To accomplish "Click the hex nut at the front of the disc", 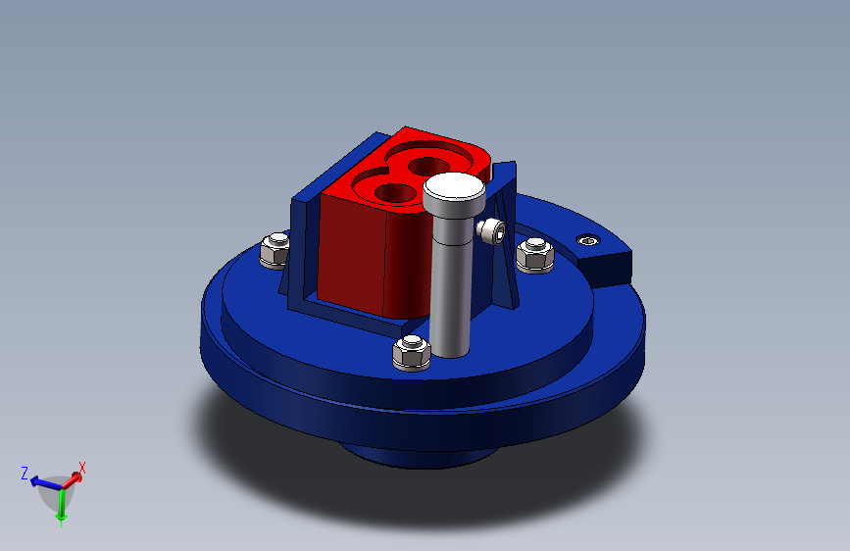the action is (x=412, y=353).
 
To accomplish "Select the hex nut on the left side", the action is (x=275, y=251).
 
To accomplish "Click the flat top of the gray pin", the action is (x=454, y=187).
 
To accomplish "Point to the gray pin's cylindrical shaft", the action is (x=450, y=287).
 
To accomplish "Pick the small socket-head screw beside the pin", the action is (x=491, y=231).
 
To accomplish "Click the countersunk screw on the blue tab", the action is (x=588, y=239).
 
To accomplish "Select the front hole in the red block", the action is (x=395, y=192).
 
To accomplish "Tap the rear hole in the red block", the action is (x=427, y=166).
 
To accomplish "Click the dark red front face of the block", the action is (x=351, y=255).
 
